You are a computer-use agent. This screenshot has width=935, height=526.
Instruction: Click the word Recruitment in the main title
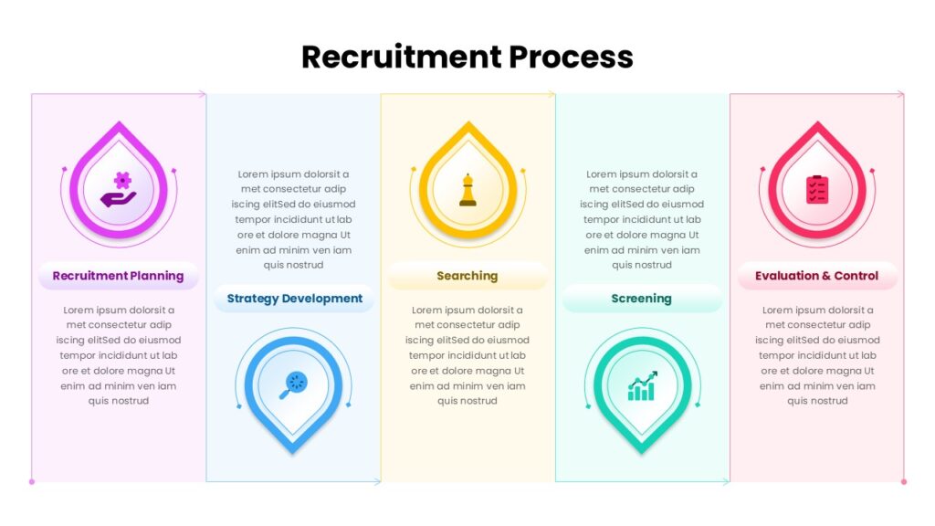click(x=402, y=58)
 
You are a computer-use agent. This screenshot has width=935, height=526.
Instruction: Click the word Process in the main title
click(x=572, y=58)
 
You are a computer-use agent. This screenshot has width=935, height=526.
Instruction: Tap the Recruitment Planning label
click(x=118, y=276)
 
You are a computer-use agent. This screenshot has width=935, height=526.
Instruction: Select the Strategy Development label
click(x=295, y=299)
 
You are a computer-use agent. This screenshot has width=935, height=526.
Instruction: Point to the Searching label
click(x=467, y=276)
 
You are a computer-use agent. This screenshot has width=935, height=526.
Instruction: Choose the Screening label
click(x=641, y=299)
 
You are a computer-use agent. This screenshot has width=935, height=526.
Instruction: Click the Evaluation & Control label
click(x=816, y=276)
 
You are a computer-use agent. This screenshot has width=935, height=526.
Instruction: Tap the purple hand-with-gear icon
click(x=119, y=190)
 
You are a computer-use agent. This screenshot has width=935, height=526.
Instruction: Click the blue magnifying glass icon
click(x=293, y=384)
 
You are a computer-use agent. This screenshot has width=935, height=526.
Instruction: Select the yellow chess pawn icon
click(x=468, y=190)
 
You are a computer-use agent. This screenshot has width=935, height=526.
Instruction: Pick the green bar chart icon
click(x=642, y=386)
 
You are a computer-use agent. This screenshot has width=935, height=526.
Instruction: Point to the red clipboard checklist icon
click(x=817, y=190)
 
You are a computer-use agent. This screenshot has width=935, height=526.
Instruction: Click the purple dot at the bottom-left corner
click(x=32, y=482)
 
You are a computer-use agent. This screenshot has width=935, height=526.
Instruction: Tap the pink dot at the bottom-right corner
click(x=904, y=482)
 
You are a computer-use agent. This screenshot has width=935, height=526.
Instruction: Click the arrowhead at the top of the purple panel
click(x=203, y=94)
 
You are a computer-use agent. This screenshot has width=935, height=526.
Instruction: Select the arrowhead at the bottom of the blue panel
click(x=377, y=482)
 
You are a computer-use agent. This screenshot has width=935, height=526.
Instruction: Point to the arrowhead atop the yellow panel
click(x=552, y=94)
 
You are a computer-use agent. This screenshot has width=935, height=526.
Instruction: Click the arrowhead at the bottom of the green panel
click(x=726, y=482)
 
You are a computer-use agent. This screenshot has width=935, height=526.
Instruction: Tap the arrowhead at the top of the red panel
click(x=901, y=94)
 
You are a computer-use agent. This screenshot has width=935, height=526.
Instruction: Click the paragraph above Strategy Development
click(x=293, y=219)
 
